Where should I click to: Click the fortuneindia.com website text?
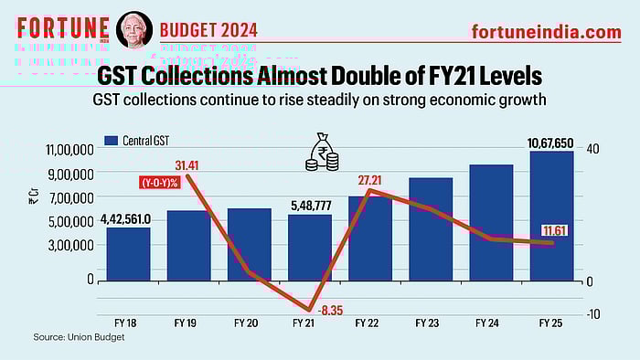[546, 32]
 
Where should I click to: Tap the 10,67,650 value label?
[551, 143]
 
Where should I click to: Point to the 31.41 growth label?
[187, 165]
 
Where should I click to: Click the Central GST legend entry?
[144, 141]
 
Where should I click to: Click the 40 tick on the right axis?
[592, 149]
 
